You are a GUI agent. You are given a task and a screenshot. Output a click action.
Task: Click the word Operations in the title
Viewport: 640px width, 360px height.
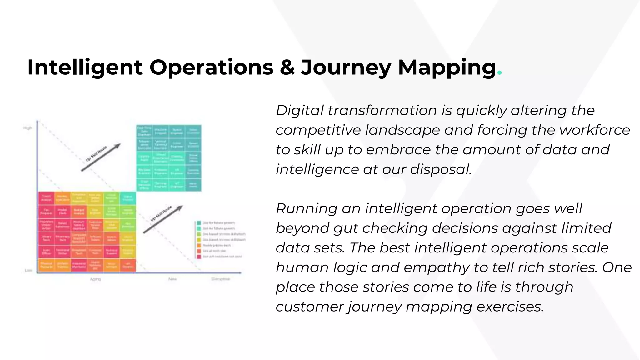(x=211, y=67)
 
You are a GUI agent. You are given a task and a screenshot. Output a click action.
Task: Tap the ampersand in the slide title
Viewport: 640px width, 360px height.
(x=287, y=67)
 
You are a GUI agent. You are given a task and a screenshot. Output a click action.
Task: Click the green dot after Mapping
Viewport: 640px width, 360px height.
(x=499, y=73)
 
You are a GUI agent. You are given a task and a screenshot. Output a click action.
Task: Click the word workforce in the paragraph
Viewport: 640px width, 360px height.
(x=595, y=130)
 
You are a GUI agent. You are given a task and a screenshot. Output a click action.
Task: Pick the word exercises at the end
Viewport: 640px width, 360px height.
(x=510, y=307)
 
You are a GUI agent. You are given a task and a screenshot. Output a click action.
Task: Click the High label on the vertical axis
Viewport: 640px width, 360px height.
(x=27, y=128)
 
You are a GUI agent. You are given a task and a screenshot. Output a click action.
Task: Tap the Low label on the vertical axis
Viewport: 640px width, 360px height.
(x=28, y=270)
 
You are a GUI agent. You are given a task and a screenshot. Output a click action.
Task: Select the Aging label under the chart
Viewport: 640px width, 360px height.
(x=95, y=279)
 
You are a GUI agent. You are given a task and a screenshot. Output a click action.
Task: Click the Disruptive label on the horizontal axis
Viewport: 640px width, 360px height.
(x=221, y=279)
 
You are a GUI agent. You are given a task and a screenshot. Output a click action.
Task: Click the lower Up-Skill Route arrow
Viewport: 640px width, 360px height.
(x=163, y=219)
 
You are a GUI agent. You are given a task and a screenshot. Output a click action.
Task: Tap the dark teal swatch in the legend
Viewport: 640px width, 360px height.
(x=199, y=223)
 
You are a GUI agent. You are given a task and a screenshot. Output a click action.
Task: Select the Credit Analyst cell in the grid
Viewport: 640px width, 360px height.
(x=46, y=198)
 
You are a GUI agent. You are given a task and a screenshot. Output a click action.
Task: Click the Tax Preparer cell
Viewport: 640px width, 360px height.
(x=46, y=212)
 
